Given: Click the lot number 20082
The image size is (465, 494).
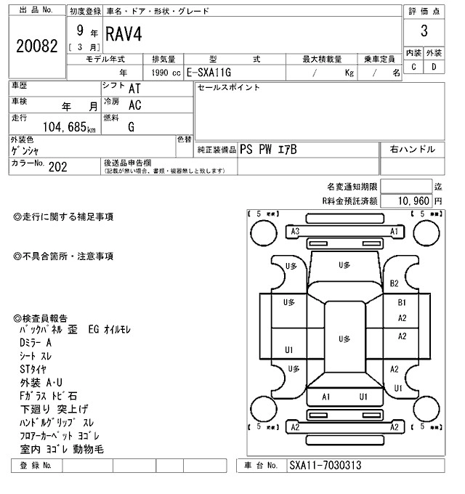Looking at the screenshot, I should (x=36, y=46).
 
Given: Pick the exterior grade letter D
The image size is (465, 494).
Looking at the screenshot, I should (x=434, y=67).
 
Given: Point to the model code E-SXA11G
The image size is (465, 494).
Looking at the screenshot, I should (x=210, y=73).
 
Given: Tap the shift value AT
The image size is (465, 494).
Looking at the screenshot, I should (x=134, y=89).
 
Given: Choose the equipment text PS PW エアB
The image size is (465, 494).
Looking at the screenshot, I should (x=268, y=150).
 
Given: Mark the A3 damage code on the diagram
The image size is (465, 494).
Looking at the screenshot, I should (x=295, y=231).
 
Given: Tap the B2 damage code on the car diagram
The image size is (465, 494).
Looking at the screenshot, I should (x=395, y=283).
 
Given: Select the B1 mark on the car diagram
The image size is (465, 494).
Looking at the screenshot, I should (x=402, y=302).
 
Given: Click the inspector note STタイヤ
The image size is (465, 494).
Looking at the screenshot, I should (x=33, y=369).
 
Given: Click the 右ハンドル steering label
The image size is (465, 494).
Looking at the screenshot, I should (x=413, y=150).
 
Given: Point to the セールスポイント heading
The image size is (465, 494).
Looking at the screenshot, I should (x=228, y=88).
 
